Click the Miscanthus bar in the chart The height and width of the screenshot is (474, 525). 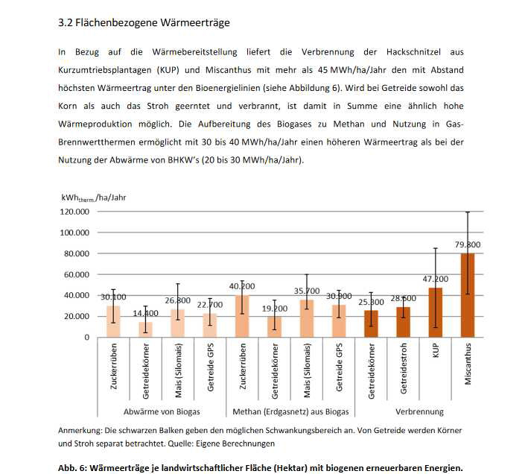468,295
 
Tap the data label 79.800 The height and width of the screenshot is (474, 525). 468,244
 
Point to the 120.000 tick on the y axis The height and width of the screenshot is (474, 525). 74,212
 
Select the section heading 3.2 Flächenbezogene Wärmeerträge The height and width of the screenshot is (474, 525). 144,23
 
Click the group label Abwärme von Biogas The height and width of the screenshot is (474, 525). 162,411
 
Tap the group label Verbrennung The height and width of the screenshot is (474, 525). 419,411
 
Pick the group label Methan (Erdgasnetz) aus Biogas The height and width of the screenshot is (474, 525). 290,411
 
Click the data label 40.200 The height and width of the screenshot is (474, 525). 242,286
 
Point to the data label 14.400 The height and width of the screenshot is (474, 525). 145,314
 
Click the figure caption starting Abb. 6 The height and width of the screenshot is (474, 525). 261,468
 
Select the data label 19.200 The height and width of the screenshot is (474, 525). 274,308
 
